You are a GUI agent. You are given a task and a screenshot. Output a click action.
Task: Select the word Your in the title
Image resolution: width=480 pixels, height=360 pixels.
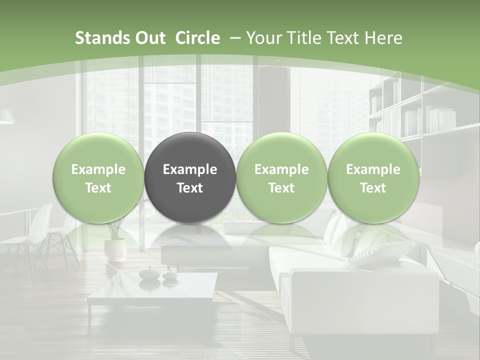262,38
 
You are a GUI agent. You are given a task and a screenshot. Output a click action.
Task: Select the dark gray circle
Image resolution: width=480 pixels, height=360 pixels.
190,178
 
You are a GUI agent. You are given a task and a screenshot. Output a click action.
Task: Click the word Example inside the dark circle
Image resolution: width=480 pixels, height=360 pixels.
190,169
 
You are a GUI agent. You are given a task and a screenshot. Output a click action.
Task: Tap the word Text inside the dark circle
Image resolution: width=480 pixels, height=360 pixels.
190,188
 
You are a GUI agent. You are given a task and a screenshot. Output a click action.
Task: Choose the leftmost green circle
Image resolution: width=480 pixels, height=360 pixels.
98,178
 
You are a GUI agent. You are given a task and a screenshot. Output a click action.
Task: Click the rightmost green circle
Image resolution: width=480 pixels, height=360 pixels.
373,178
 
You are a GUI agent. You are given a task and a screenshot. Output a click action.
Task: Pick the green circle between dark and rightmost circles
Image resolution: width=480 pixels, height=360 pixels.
281,178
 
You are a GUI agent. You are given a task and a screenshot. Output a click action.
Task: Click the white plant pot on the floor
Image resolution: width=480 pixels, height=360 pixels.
115,249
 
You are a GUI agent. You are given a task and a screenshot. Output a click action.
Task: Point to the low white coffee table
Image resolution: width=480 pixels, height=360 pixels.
153,290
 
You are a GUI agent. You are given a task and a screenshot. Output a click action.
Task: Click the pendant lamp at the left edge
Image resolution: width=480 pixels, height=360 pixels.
6,117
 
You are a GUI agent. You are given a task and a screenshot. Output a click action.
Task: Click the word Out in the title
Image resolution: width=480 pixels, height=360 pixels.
149,38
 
